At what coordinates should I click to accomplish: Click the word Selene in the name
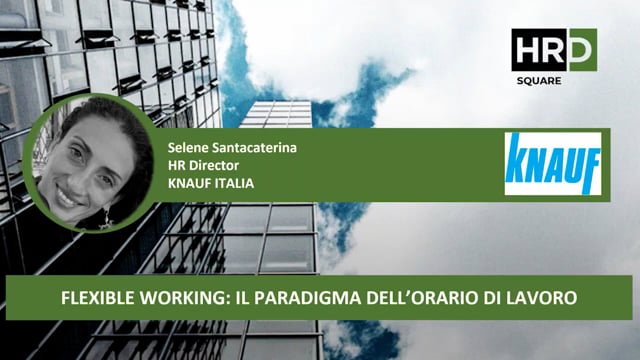[x=190, y=147]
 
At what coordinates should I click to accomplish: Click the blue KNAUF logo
[x=552, y=164]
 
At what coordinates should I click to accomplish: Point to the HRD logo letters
[x=553, y=49]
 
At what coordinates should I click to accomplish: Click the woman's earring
[x=104, y=214]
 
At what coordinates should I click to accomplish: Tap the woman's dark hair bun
[x=120, y=130]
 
